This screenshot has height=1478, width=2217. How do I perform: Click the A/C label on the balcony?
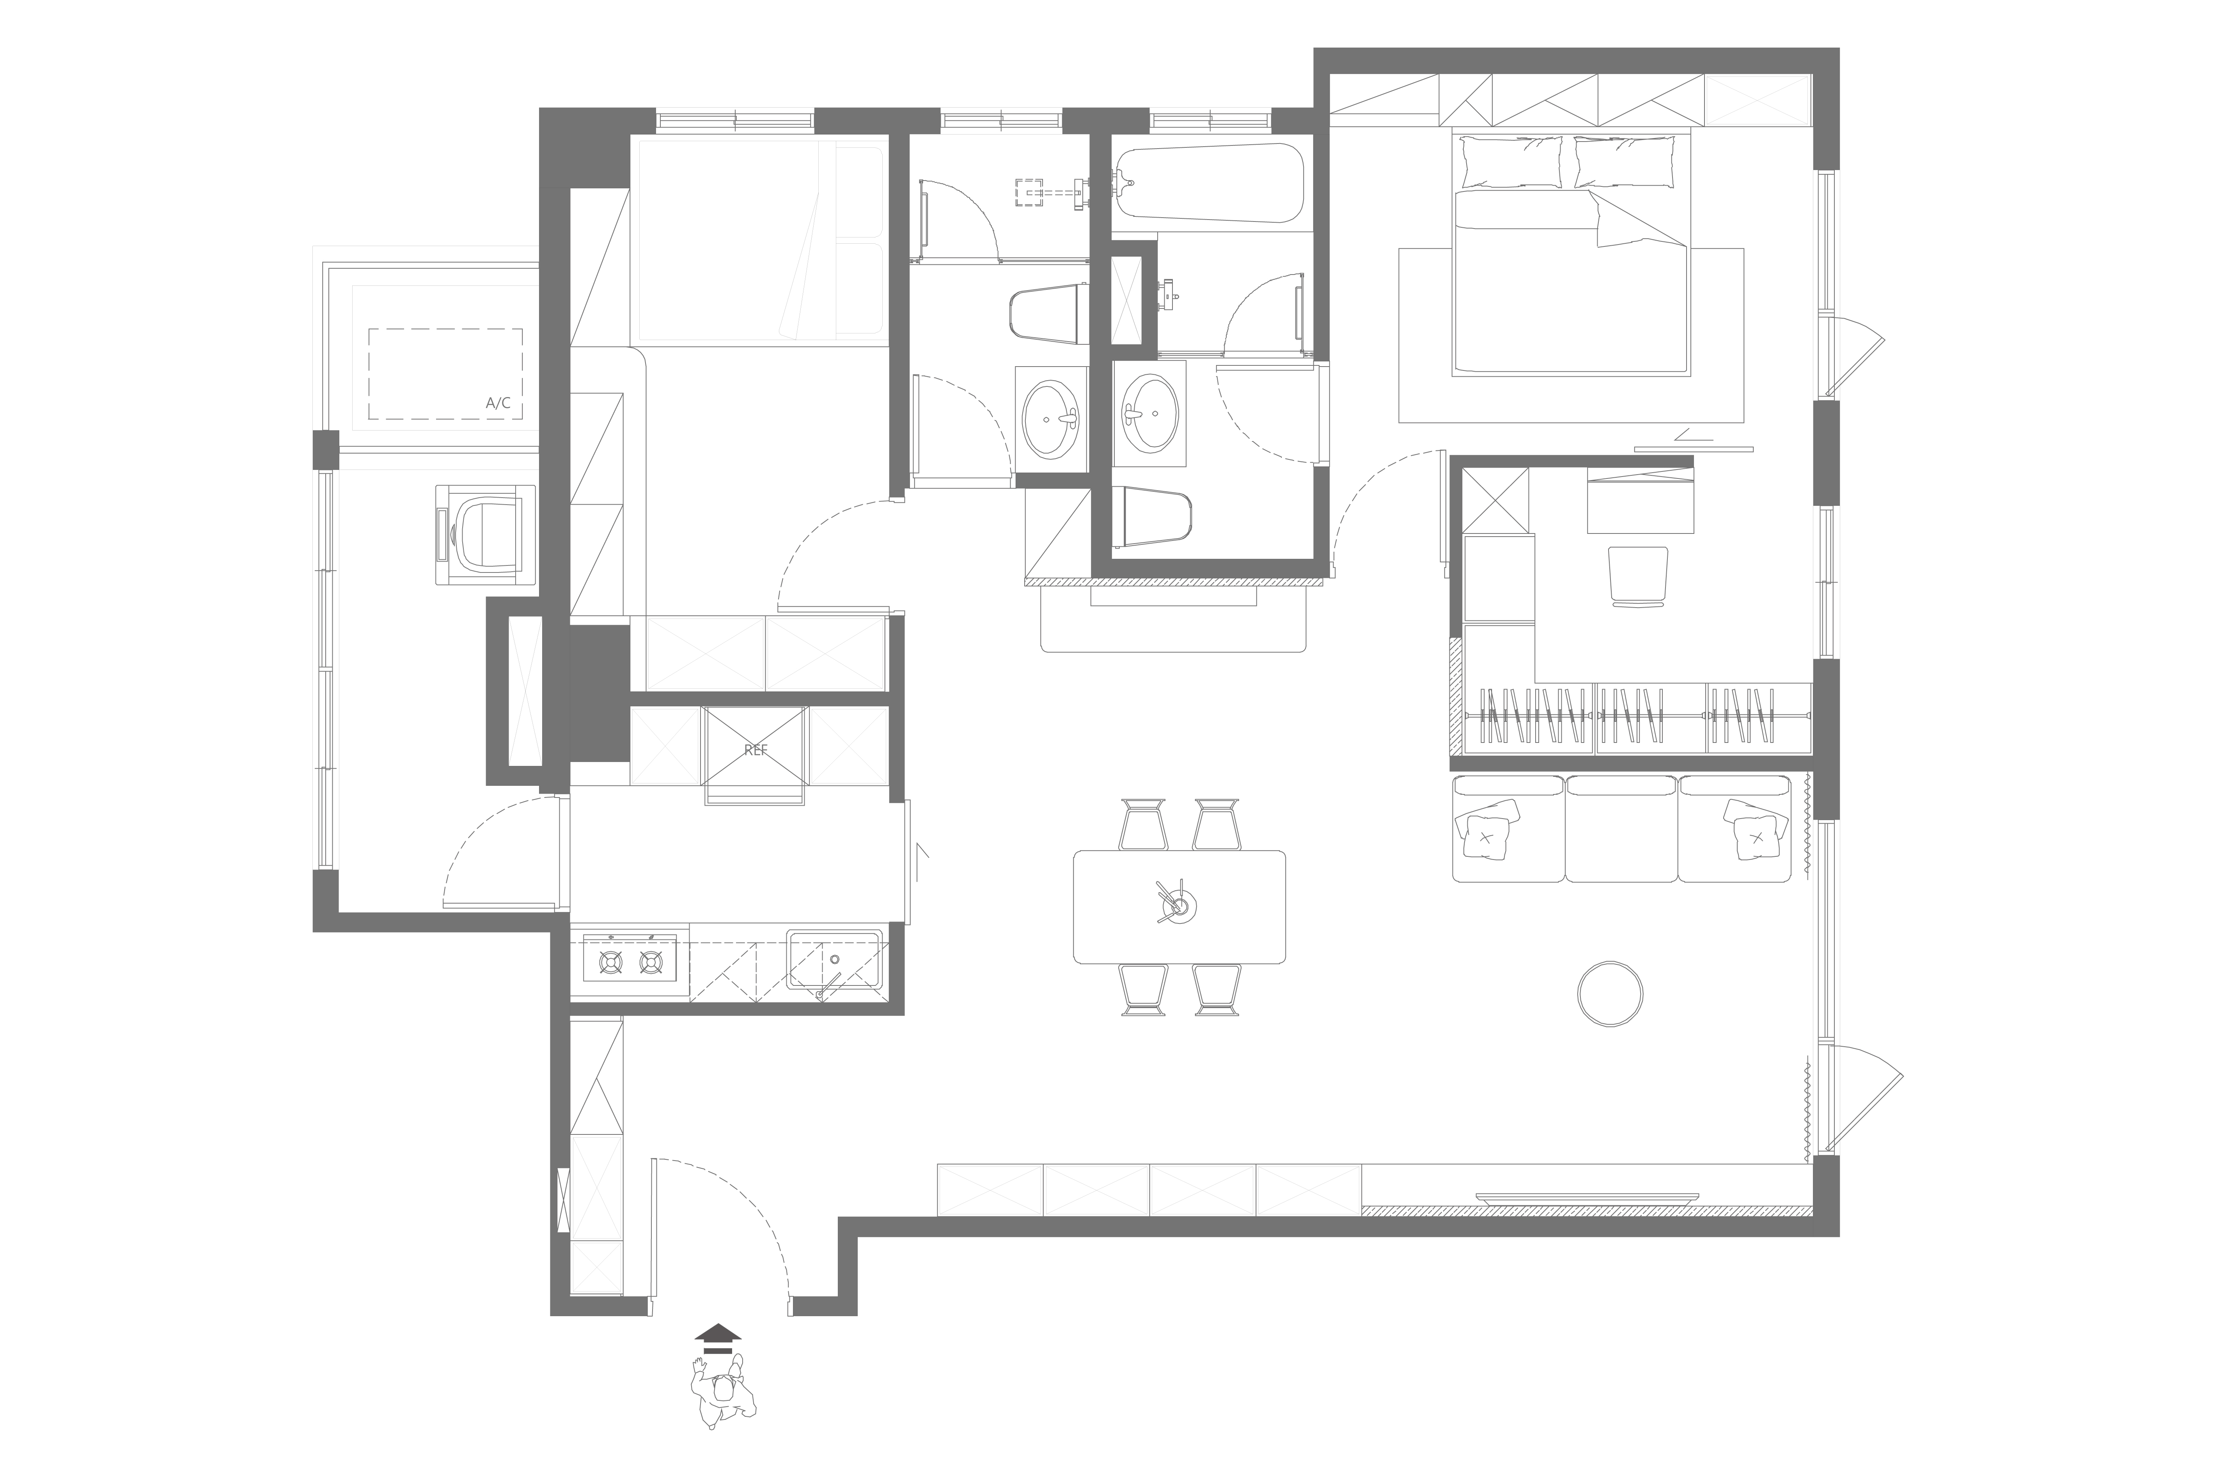[498, 404]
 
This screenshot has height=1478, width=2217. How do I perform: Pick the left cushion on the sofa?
[1488, 830]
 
